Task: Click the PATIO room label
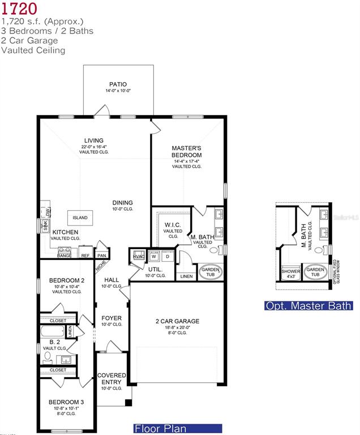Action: click(x=118, y=84)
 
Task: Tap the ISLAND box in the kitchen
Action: click(x=80, y=217)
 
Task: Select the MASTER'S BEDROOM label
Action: click(x=187, y=151)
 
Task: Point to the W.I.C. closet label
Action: click(x=173, y=224)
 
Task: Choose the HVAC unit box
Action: click(x=139, y=256)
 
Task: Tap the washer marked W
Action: click(x=153, y=255)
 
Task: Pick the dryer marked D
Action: click(x=168, y=255)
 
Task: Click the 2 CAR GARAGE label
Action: click(x=177, y=321)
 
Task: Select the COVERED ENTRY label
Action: click(x=112, y=378)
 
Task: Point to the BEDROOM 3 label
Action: click(x=67, y=403)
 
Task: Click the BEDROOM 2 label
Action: click(x=67, y=280)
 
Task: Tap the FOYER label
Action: click(x=112, y=318)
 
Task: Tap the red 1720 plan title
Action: click(x=20, y=8)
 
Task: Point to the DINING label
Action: click(x=122, y=203)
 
